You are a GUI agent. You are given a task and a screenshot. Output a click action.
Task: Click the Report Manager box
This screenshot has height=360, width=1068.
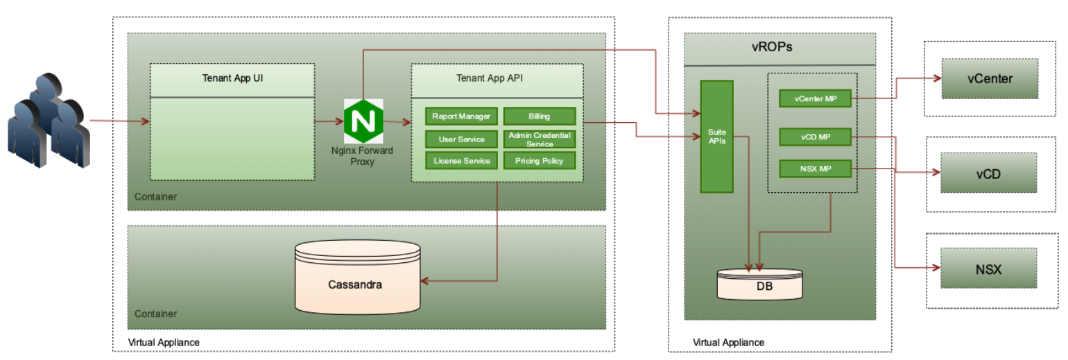461,117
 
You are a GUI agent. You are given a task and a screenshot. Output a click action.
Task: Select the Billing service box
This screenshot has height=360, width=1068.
539,117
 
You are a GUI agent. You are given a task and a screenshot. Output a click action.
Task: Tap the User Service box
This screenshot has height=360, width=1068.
461,139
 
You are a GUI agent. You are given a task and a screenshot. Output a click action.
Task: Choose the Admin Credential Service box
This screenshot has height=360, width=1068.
539,139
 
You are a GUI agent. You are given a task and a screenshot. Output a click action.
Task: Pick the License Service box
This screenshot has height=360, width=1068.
461,161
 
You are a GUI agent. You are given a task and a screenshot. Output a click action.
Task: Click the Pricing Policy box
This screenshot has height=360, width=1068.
539,161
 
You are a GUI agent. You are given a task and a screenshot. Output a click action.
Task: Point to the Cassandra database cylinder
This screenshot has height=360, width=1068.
357,277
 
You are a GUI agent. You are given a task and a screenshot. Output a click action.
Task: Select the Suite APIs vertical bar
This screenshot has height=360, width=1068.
716,136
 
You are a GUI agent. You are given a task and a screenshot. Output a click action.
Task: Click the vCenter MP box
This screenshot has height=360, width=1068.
815,99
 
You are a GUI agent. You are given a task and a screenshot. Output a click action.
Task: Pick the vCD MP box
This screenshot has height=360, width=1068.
815,137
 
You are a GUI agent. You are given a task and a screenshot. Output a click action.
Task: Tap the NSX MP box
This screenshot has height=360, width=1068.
815,169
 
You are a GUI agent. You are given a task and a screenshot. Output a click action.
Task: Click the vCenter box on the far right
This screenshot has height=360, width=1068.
989,78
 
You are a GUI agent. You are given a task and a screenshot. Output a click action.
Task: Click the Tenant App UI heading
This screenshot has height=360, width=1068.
232,78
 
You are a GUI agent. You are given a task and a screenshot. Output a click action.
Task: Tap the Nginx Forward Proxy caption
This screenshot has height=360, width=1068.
362,156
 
